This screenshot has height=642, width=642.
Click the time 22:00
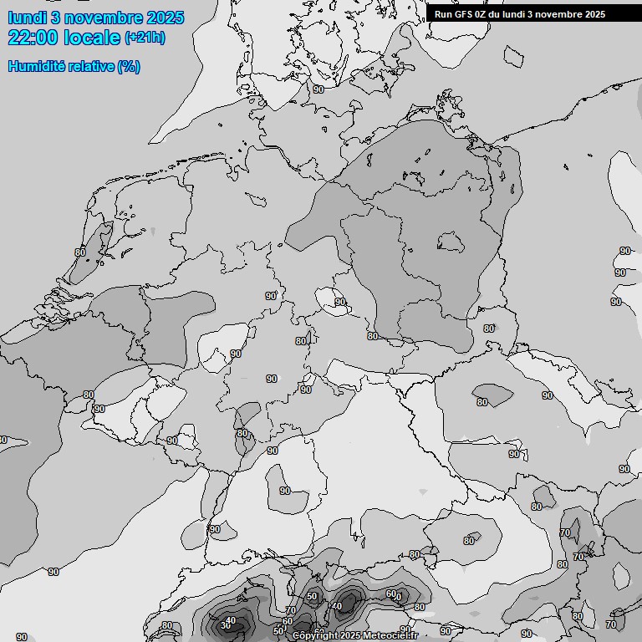(33, 38)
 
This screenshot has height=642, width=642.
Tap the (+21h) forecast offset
(145, 38)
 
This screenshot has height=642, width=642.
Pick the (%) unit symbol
(129, 66)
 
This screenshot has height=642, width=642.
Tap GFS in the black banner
(464, 14)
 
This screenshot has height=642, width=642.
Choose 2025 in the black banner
(594, 14)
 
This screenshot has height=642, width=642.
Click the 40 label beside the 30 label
(232, 619)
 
